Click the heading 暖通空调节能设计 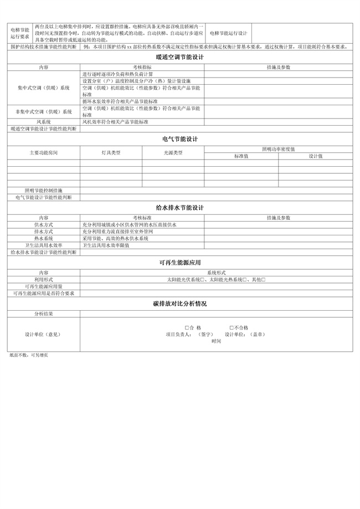(180, 57)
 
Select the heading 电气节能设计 (180, 139)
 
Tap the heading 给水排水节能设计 (180, 207)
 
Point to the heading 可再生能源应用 (180, 263)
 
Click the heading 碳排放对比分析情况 (180, 304)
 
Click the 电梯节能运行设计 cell (228, 33)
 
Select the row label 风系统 (44, 122)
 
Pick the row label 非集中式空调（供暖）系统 (44, 112)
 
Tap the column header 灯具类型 (111, 152)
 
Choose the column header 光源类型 (173, 152)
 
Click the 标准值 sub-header (241, 156)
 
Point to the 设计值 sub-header (316, 156)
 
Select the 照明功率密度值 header (278, 149)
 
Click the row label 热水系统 (44, 238)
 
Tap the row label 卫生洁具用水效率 (44, 245)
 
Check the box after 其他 (264, 280)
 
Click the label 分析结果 (44, 313)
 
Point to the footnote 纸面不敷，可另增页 (28, 354)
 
